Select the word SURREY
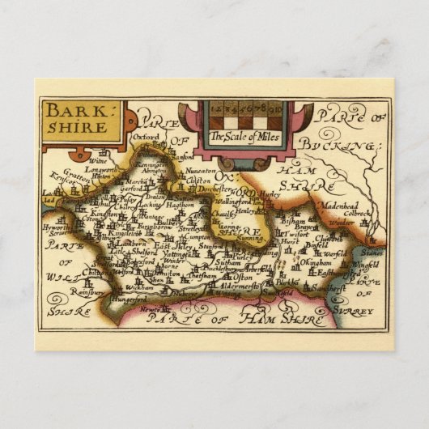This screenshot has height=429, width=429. pyautogui.click(x=357, y=310)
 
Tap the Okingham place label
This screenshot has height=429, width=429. pyautogui.click(x=316, y=263)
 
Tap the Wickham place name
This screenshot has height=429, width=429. pyautogui.click(x=122, y=287)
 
